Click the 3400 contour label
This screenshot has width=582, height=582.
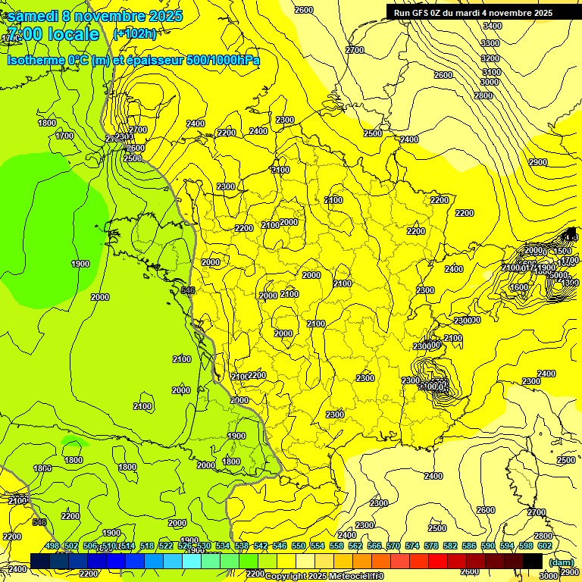(491, 26)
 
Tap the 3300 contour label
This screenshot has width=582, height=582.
(490, 43)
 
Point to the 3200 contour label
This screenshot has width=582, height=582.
(490, 58)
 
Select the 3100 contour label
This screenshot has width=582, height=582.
(490, 72)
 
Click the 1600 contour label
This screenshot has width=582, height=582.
(519, 287)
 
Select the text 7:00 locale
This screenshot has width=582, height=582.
(52, 34)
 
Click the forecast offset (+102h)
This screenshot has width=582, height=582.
(134, 33)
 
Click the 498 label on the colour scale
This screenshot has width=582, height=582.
(52, 546)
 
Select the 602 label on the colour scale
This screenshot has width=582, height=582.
(544, 546)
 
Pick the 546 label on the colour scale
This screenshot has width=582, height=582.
(280, 546)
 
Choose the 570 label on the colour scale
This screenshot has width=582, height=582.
(393, 546)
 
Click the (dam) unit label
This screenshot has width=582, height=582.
(561, 562)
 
